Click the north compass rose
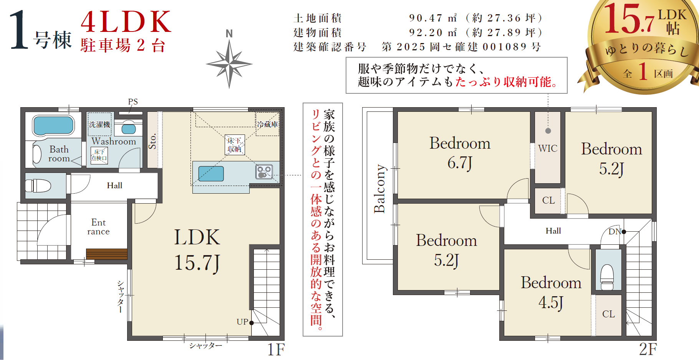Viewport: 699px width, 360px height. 229,64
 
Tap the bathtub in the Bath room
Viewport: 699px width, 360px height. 53,125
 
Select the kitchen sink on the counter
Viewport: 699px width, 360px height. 211,174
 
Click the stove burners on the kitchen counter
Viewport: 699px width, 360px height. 264,172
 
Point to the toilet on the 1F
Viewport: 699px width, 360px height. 38,186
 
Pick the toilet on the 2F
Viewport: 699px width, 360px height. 607,277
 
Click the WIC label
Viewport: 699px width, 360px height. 548,148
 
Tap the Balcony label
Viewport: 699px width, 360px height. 379,189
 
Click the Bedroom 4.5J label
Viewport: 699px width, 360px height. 551,292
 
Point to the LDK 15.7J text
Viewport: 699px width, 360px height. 197,250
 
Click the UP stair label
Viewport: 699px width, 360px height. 242,322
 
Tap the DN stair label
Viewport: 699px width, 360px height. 615,232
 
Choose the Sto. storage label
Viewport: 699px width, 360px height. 152,141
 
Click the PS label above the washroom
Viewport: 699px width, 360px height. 133,102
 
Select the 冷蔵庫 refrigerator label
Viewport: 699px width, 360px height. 268,124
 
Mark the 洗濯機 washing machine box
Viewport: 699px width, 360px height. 99,124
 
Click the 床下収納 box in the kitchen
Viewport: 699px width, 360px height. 234,145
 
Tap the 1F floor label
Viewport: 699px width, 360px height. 276,350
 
